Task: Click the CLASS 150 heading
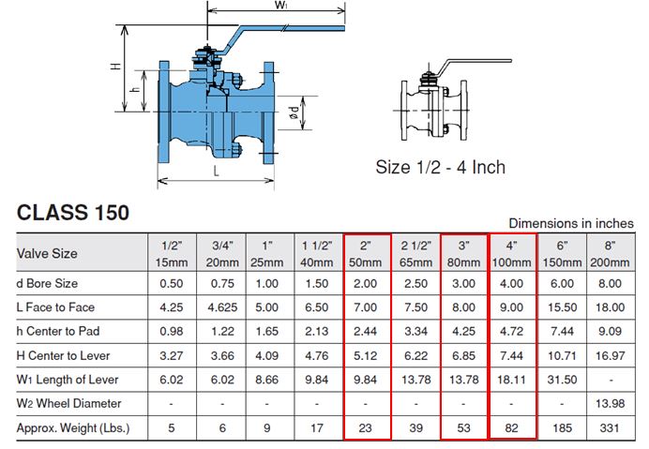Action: [73, 213]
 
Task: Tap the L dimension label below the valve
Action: [215, 172]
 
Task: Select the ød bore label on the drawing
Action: [294, 115]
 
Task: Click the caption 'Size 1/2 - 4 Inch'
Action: [440, 168]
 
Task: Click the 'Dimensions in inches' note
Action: [570, 223]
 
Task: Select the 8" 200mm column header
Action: [611, 253]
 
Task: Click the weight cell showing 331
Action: [611, 427]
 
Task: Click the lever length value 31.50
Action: [563, 379]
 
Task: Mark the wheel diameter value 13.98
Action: [611, 403]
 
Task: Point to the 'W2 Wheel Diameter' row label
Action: [69, 403]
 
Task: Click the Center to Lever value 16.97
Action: [611, 355]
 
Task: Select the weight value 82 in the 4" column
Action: [513, 427]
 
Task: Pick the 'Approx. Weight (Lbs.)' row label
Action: [75, 427]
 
